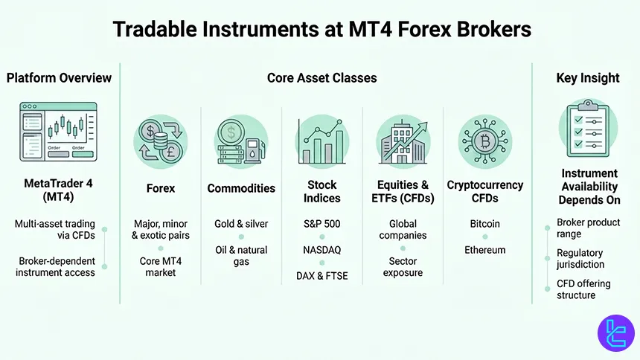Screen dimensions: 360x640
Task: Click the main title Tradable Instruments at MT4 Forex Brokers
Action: coord(321,29)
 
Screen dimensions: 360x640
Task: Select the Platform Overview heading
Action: coord(59,77)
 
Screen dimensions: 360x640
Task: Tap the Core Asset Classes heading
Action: coord(322,77)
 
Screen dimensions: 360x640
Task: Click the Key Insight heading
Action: coord(588,77)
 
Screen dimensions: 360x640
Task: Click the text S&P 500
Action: coord(322,224)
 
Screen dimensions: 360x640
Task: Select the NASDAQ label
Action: coord(322,251)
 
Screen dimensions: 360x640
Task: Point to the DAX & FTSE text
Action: coord(322,277)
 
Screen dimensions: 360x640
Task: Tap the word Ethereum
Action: coord(484,250)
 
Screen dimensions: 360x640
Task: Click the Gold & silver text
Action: coord(241,224)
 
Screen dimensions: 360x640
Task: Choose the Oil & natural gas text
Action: coord(241,255)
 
